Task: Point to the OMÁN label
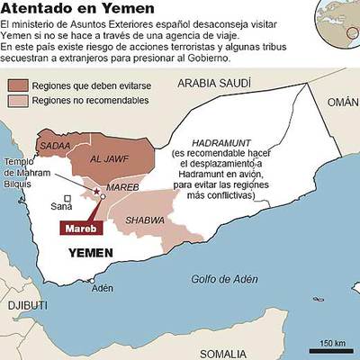tap(342, 103)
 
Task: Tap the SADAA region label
tap(55, 146)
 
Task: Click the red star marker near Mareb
tap(96, 191)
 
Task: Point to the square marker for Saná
tap(67, 198)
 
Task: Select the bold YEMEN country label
tap(95, 255)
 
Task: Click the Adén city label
tap(103, 288)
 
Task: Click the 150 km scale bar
tap(332, 347)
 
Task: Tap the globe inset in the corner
tap(337, 20)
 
